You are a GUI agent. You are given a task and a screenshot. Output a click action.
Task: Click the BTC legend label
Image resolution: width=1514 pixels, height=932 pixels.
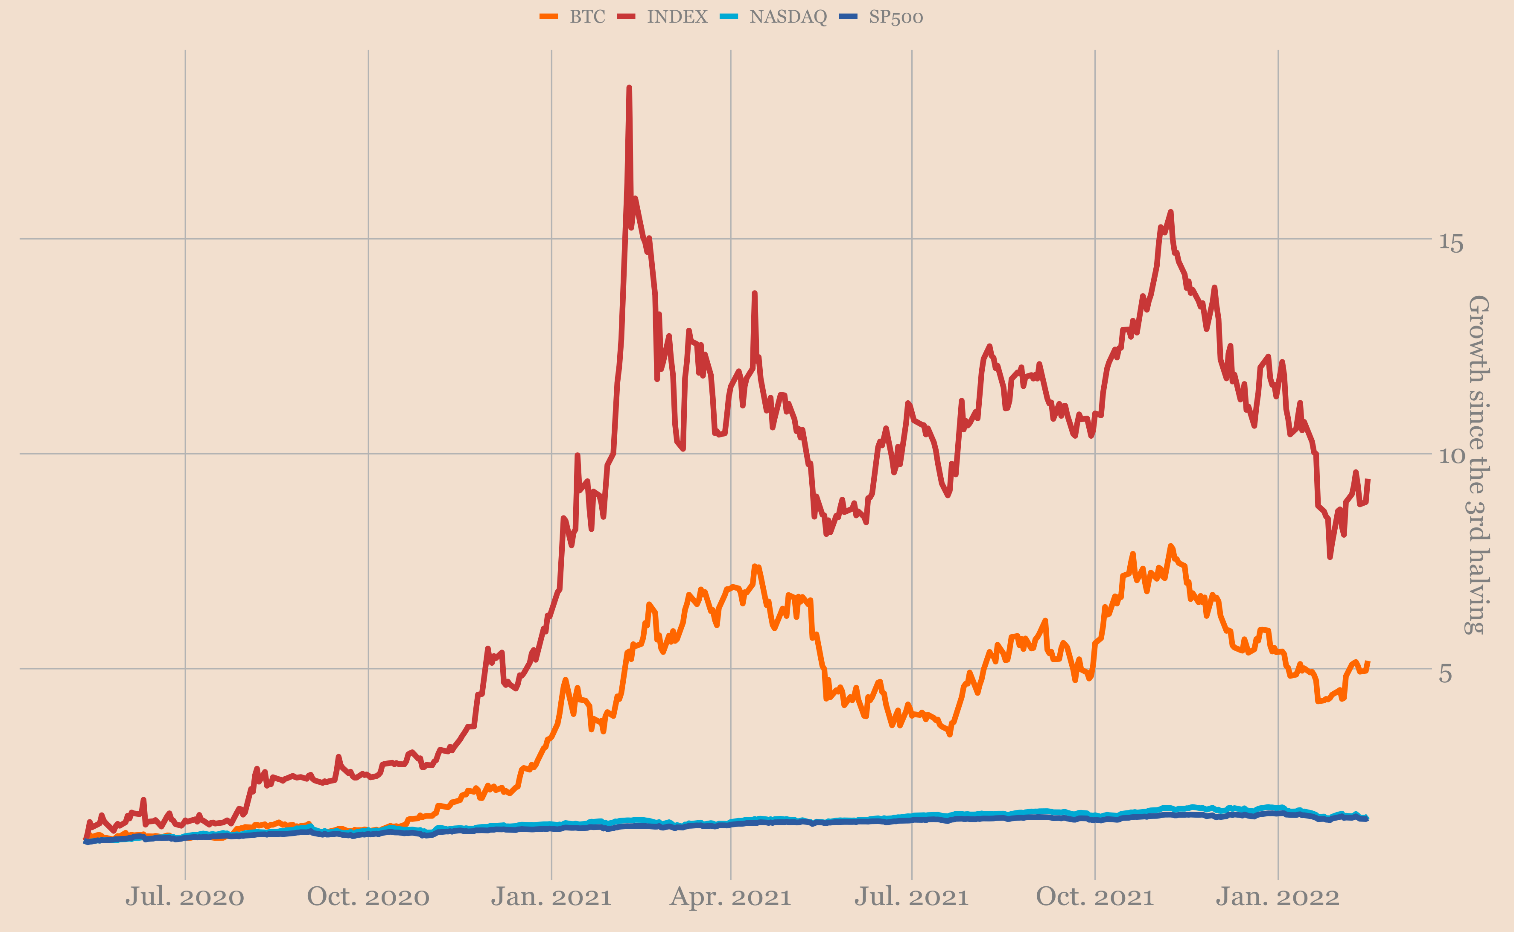pyautogui.click(x=587, y=17)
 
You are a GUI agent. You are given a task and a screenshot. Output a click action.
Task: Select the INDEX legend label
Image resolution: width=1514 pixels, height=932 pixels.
pyautogui.click(x=677, y=17)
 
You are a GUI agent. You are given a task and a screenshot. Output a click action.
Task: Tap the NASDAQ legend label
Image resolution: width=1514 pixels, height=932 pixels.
pyautogui.click(x=788, y=17)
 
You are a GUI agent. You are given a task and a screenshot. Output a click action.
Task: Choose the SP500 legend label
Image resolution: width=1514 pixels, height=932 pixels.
pyautogui.click(x=896, y=17)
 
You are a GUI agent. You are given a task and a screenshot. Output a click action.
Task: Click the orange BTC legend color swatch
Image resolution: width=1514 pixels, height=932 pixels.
pyautogui.click(x=548, y=17)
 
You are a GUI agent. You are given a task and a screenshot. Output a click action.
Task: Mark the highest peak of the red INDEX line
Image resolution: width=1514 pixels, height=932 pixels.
pyautogui.click(x=629, y=88)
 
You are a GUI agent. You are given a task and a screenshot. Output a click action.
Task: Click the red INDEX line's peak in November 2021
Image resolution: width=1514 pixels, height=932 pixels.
pyautogui.click(x=1171, y=212)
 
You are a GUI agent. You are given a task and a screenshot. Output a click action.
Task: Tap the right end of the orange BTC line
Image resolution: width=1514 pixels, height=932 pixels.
pyautogui.click(x=1368, y=663)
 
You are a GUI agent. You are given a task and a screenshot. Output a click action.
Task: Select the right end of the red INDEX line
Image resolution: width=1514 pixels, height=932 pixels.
pyautogui.click(x=1368, y=480)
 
